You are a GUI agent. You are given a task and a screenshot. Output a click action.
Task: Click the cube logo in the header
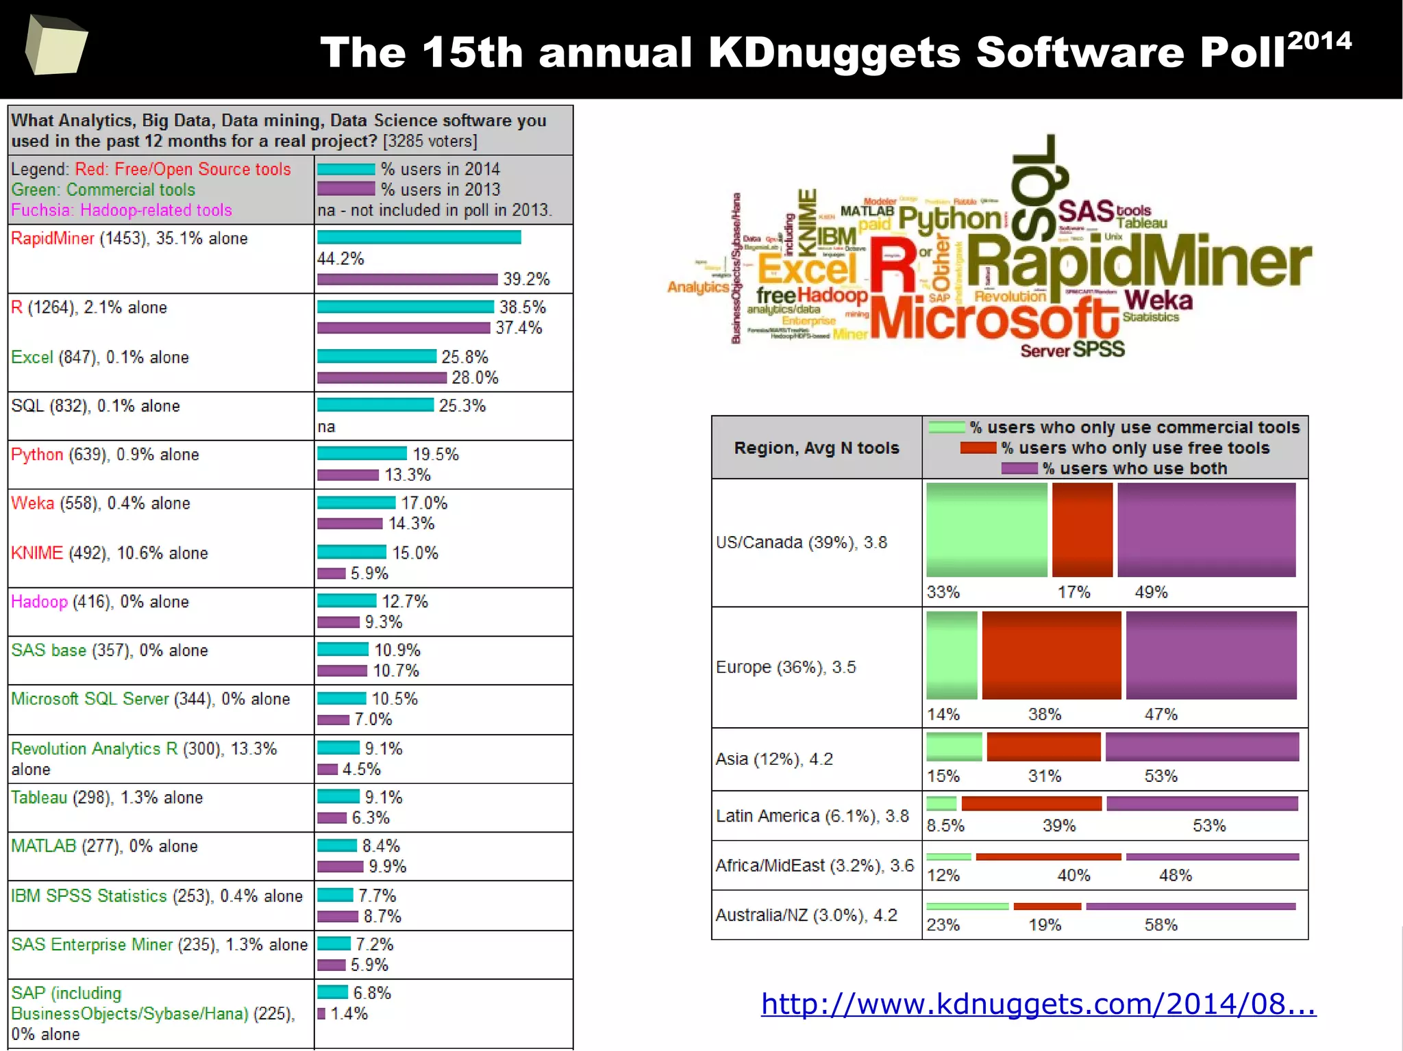point(56,45)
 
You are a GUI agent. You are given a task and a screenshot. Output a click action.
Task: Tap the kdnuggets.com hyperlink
point(1038,1004)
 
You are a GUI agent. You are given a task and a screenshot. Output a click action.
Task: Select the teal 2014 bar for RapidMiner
point(419,238)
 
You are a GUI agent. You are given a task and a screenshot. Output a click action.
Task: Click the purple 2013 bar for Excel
point(382,378)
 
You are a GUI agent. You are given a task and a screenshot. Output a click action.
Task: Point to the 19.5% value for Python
point(435,455)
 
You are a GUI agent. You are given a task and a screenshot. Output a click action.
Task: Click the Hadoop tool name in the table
point(39,602)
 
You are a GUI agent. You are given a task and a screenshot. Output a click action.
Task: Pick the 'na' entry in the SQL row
point(326,427)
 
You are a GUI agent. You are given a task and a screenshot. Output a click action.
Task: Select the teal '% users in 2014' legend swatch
point(346,169)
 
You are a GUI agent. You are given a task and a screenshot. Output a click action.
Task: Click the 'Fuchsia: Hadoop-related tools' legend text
point(121,210)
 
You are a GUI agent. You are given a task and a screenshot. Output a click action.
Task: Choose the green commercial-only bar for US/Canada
point(986,529)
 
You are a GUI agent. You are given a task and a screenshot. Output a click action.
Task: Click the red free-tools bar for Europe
point(1051,655)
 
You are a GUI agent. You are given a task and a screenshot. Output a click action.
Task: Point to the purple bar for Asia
point(1202,747)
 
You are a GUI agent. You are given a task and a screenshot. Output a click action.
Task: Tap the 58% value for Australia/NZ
point(1160,925)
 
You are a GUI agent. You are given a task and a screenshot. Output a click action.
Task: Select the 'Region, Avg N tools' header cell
point(817,448)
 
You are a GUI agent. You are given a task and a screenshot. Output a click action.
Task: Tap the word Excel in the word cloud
point(807,268)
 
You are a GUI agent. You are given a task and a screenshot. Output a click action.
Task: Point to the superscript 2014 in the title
point(1319,41)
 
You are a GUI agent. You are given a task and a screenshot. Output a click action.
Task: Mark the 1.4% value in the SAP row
point(349,1013)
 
